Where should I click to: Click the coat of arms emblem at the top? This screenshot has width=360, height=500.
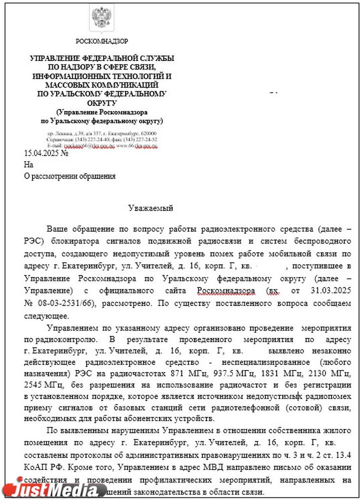[x=101, y=18]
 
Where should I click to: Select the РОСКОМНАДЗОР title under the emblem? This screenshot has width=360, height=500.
[x=101, y=41]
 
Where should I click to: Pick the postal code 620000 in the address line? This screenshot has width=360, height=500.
[x=148, y=134]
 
